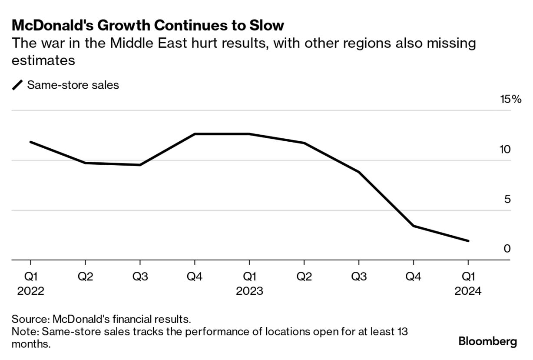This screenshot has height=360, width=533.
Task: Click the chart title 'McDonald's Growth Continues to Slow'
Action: point(148,25)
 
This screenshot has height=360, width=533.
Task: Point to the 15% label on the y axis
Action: point(510,100)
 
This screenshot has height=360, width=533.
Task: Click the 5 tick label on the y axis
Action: point(507,200)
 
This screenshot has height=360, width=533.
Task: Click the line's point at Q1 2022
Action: point(30,142)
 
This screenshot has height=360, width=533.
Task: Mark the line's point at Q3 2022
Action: point(140,165)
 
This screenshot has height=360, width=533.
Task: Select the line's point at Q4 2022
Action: point(195,134)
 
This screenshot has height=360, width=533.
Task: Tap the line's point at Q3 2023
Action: point(358,172)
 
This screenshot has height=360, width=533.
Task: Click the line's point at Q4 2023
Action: point(413,226)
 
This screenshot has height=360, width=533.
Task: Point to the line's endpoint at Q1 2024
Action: point(468,241)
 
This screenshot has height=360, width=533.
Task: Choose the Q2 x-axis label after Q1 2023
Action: point(304,276)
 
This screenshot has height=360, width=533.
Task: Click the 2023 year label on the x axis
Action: point(249,291)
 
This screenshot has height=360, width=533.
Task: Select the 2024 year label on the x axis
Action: point(468,291)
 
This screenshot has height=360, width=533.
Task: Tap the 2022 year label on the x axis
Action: point(30,291)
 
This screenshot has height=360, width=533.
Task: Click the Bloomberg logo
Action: point(487,341)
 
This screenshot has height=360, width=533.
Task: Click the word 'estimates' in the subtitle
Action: point(43,60)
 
